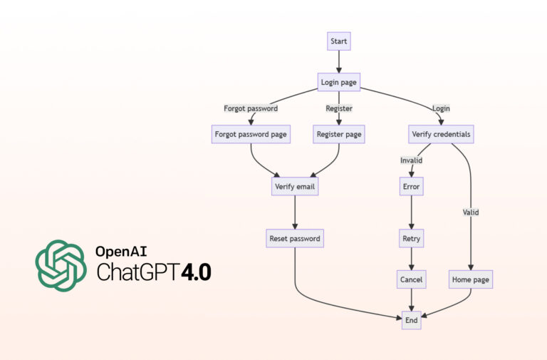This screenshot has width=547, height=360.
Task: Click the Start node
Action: click(x=338, y=41)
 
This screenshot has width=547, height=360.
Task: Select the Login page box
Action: click(x=338, y=83)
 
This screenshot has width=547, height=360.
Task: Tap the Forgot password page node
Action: click(x=250, y=133)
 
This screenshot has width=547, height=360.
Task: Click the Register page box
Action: click(x=338, y=133)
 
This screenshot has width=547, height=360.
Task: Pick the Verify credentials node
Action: click(x=442, y=133)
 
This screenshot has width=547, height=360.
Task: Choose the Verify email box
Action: click(x=295, y=187)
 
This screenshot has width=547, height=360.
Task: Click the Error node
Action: click(x=411, y=187)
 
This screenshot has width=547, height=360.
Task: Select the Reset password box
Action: click(x=295, y=237)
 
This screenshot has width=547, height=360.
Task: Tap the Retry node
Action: click(x=411, y=237)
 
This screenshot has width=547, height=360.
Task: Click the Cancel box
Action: click(x=411, y=279)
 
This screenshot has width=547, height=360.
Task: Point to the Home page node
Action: click(x=471, y=279)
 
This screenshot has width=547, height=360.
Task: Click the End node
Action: click(x=411, y=321)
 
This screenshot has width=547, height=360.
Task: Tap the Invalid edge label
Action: click(x=411, y=160)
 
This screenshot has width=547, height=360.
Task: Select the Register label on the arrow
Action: click(x=338, y=108)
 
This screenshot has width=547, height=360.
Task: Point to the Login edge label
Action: click(x=442, y=108)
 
